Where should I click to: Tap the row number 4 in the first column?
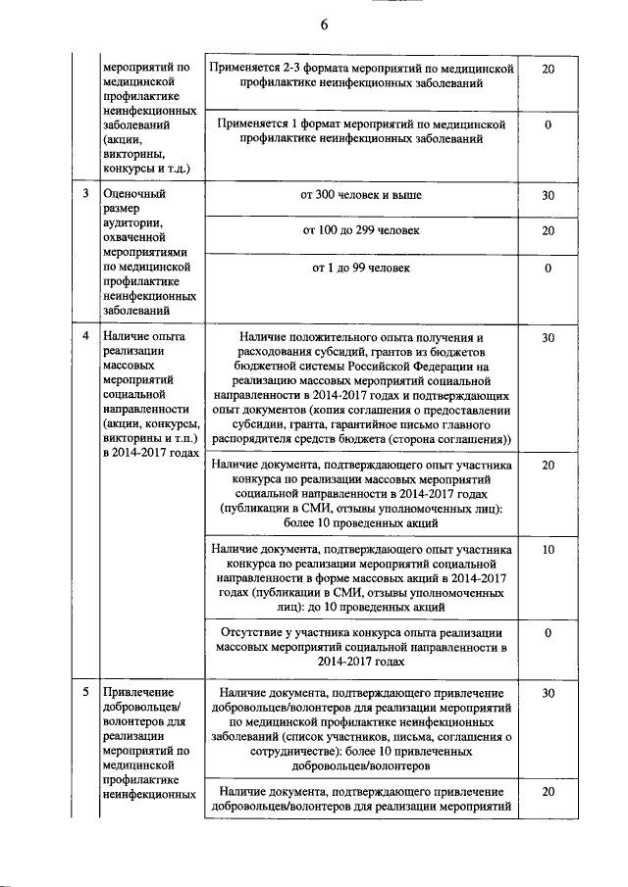86,336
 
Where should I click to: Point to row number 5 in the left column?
86,693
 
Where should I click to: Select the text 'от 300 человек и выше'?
361,195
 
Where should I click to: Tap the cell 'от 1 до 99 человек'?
361,267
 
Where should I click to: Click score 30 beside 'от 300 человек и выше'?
548,195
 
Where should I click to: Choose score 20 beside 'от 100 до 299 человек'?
548,230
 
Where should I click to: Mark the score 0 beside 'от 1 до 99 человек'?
548,267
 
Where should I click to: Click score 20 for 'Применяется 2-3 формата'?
548,69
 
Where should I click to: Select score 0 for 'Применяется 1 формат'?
548,125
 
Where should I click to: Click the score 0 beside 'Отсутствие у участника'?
548,632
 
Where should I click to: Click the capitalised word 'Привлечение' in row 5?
138,693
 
